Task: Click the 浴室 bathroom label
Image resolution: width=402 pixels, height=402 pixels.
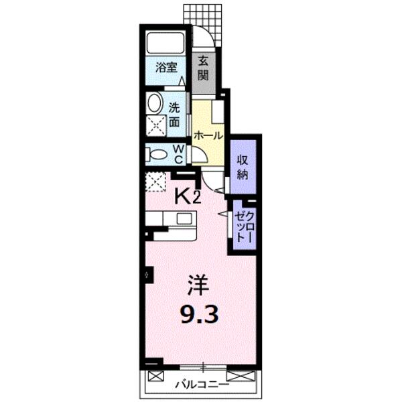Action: [x=166, y=68]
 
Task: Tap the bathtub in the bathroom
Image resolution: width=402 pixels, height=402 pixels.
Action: [x=165, y=42]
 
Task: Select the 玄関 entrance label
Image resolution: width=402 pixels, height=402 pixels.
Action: [x=203, y=68]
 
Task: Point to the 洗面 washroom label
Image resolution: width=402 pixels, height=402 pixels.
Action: [x=174, y=115]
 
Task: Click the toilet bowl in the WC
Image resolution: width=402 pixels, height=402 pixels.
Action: [x=157, y=155]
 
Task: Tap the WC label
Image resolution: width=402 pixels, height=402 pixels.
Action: [x=178, y=154]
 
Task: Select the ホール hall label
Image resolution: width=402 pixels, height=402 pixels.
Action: [x=208, y=135]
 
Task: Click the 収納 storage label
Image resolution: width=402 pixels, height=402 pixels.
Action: [x=243, y=167]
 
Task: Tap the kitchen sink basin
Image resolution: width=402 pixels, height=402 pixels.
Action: [x=184, y=218]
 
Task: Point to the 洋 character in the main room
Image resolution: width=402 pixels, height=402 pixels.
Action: [x=198, y=285]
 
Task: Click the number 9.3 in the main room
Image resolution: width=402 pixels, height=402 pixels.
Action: [x=200, y=315]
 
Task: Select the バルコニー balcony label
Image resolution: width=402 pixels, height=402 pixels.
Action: [x=202, y=385]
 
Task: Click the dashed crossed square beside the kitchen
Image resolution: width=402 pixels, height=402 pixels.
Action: [x=155, y=182]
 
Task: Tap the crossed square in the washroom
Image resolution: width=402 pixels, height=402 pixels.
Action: [x=156, y=126]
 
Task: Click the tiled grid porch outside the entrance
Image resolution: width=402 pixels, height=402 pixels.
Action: [x=202, y=25]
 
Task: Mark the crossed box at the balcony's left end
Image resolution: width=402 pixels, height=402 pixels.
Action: [x=156, y=377]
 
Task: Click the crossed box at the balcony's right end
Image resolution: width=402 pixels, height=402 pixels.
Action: [x=241, y=376]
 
